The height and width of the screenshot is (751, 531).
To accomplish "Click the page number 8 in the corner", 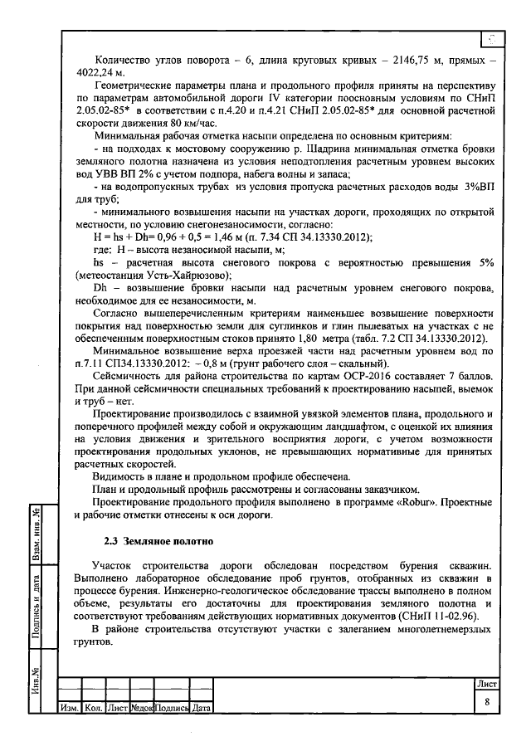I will (486, 702).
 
